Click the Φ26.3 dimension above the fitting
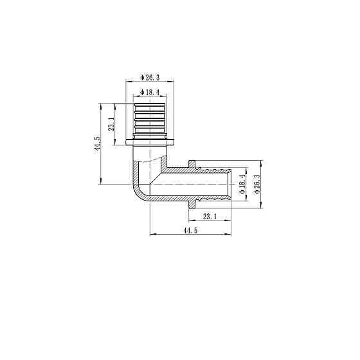tap(150, 78)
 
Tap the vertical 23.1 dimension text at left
tap(111, 124)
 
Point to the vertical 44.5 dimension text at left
tap(97, 144)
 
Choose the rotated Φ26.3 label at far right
tap(257, 184)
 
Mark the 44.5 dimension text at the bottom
tap(190, 230)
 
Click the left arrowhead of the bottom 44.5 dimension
tap(152, 235)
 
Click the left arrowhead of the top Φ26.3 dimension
tap(127, 82)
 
